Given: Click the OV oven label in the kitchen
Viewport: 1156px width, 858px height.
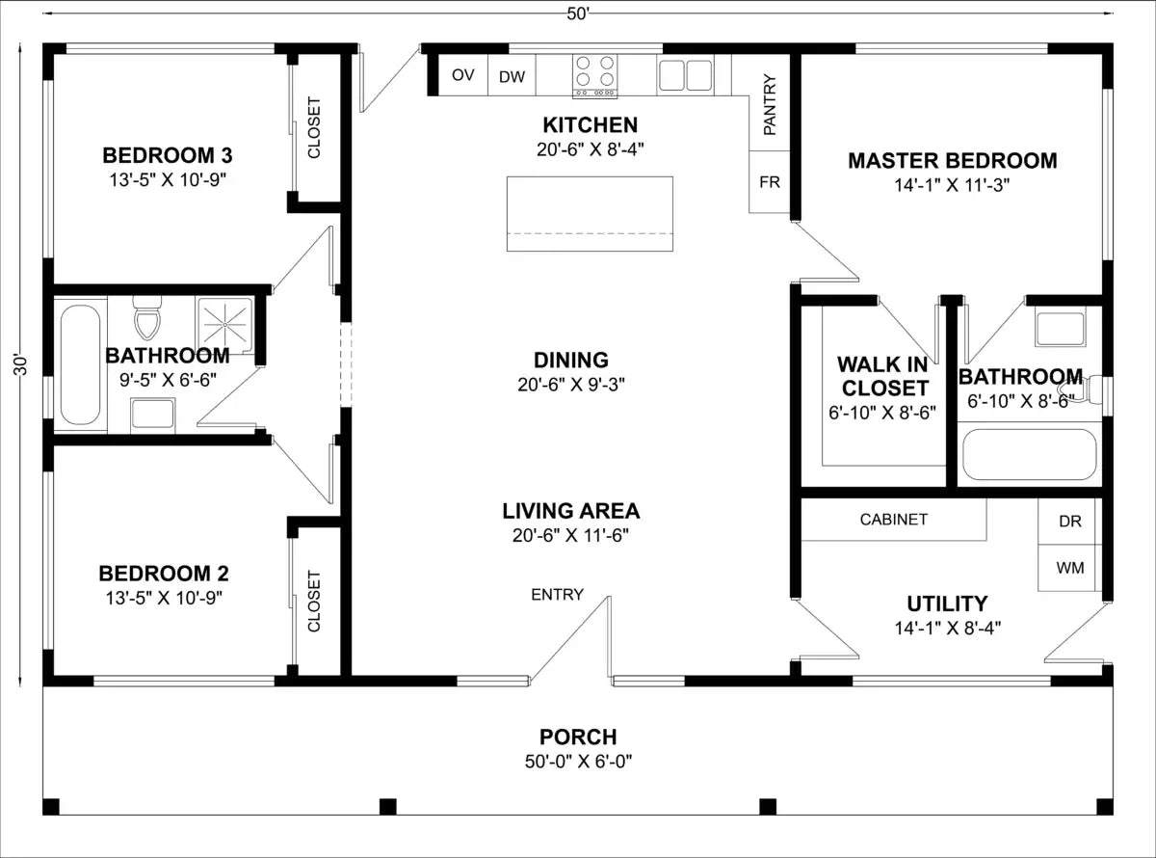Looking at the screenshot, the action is click(x=462, y=75).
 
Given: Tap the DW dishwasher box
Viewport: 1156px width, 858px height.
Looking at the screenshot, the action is click(x=512, y=75).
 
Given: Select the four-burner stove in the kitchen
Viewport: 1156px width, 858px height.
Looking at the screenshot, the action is click(x=594, y=75).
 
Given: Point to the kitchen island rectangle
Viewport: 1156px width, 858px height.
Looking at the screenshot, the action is click(x=590, y=214).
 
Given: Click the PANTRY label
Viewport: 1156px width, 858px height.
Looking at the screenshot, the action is click(x=770, y=104).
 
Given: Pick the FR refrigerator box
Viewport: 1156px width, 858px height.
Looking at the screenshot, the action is click(x=770, y=182).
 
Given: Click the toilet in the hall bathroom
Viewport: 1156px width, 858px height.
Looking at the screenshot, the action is click(x=147, y=317).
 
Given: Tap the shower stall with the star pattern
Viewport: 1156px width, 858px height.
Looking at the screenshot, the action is click(x=225, y=325).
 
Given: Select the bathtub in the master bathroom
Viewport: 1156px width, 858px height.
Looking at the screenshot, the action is click(x=1030, y=454).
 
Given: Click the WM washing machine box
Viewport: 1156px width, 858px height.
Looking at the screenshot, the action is click(x=1070, y=568).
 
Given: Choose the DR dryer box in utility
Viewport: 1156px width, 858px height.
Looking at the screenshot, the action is click(x=1070, y=522).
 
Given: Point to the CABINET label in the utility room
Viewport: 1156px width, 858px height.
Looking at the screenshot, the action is click(x=893, y=520).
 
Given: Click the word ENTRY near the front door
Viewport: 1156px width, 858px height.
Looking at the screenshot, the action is click(x=557, y=595).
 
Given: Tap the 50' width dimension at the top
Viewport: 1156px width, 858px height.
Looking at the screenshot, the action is click(x=578, y=14).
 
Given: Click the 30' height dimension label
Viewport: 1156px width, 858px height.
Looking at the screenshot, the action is click(x=20, y=365).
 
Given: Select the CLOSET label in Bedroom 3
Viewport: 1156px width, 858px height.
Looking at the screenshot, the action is click(x=314, y=127).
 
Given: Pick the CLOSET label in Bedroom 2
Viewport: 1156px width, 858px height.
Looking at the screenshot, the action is click(x=314, y=601).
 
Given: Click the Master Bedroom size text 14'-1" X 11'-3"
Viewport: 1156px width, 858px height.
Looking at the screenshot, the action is click(x=952, y=185).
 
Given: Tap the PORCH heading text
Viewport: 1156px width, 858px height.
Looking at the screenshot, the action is click(x=578, y=737).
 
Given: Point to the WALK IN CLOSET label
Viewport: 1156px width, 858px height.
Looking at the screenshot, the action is click(x=882, y=376).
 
